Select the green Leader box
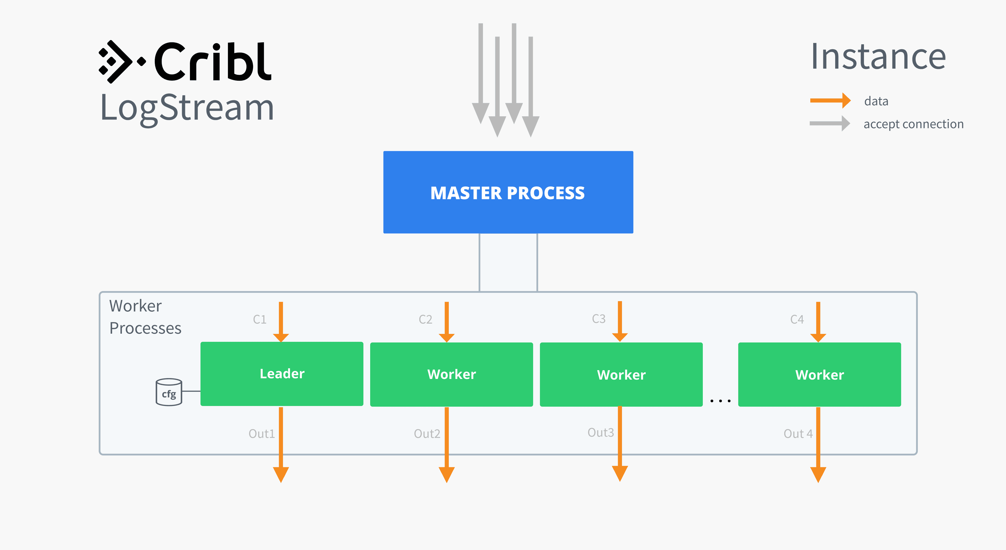pos(282,373)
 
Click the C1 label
pos(260,319)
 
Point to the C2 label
pos(425,319)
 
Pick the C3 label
pos(599,318)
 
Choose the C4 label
pos(797,319)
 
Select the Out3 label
pos(601,432)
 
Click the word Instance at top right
pos(878,57)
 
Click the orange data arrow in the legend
pos(830,101)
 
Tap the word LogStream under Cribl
pos(187,108)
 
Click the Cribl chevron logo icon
pos(117,62)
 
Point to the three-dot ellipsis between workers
pos(720,400)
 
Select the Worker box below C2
pos(451,374)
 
